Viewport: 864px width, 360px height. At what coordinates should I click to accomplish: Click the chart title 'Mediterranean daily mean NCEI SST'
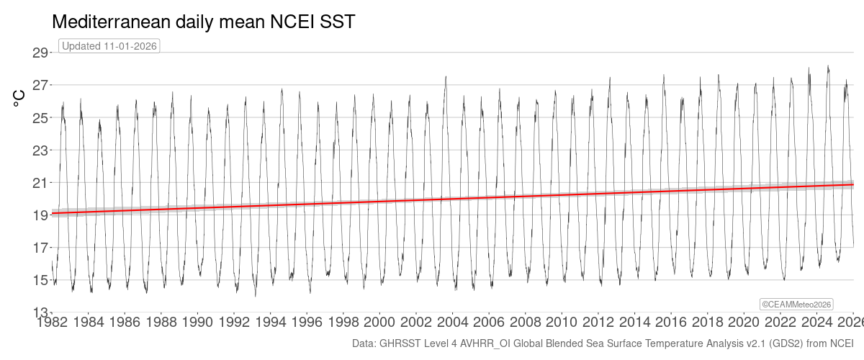pyautogui.click(x=204, y=22)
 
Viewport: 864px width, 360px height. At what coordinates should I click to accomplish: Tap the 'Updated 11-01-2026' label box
pyautogui.click(x=109, y=45)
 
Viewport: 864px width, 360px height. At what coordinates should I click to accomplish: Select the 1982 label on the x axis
pyautogui.click(x=52, y=321)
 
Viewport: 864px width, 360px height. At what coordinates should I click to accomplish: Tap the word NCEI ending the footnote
pyautogui.click(x=840, y=343)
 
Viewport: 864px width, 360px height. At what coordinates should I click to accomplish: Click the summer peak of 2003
pyautogui.click(x=446, y=76)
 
